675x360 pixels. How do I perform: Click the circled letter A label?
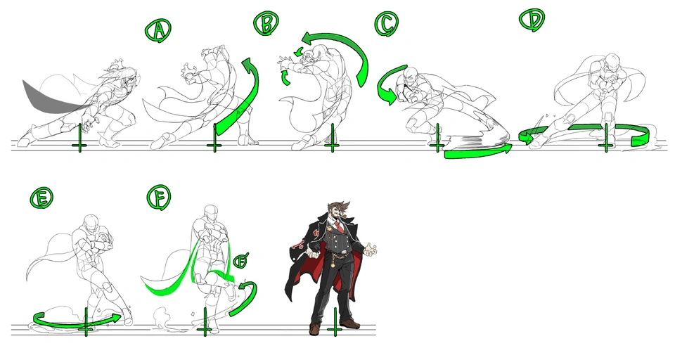(x=158, y=30)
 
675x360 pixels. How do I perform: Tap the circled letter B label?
(x=266, y=23)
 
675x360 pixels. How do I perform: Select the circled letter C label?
(x=386, y=24)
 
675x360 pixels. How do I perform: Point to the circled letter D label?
(x=532, y=20)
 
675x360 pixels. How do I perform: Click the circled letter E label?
(x=41, y=198)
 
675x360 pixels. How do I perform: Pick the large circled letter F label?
(x=159, y=198)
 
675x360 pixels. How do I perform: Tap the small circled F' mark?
(x=241, y=261)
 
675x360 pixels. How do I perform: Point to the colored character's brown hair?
(x=339, y=208)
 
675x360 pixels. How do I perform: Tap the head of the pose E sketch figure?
(x=91, y=221)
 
